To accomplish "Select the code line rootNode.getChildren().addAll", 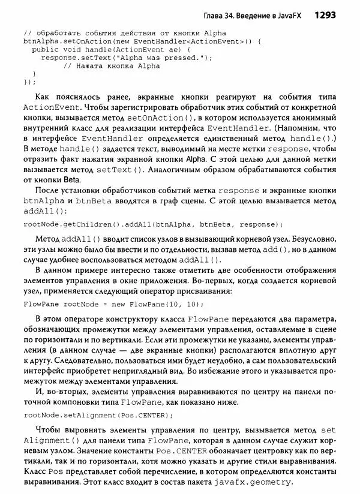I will click(153, 225).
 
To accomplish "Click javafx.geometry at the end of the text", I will click(255, 482).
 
